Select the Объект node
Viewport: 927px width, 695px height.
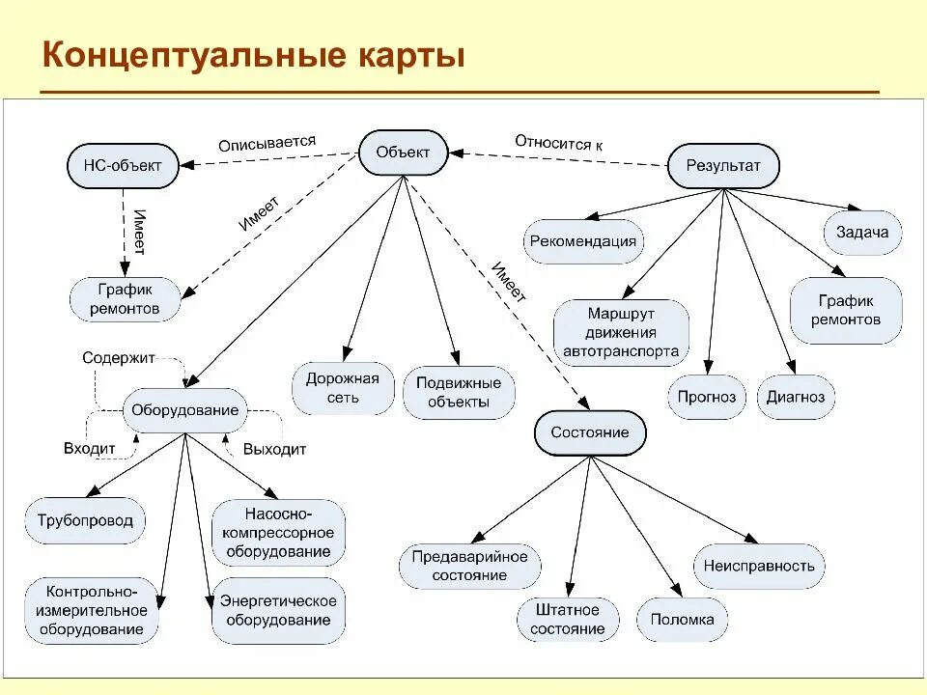coord(404,153)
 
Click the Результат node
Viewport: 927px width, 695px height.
coord(723,165)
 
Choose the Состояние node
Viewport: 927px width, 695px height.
coord(589,431)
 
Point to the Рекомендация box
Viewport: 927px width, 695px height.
coord(583,241)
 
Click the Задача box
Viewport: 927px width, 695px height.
coord(862,233)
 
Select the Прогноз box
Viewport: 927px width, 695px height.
coord(707,397)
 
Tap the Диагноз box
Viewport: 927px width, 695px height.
coord(796,397)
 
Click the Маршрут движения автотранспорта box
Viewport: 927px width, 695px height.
coord(621,333)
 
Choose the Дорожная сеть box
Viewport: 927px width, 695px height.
coord(343,388)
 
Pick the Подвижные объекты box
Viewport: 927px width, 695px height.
coord(459,392)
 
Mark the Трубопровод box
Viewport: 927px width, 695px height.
coord(85,521)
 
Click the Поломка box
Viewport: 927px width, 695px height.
coord(682,620)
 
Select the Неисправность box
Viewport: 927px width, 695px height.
coord(759,567)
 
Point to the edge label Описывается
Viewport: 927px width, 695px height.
coord(267,143)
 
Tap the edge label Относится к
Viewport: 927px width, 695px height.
coord(558,142)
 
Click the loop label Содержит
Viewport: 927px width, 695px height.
coord(119,357)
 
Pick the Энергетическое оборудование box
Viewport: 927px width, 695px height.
coord(278,610)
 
